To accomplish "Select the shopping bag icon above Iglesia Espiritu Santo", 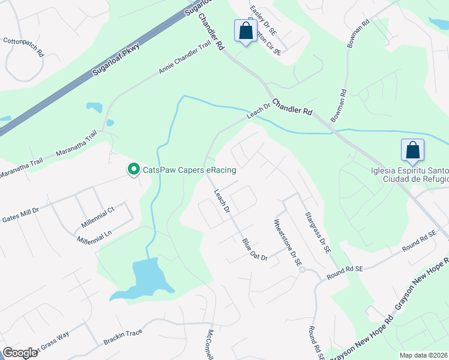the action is pos(413,150).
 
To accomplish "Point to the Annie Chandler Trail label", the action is pos(186,61).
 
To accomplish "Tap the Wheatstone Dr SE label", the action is pos(288,242).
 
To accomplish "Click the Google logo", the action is pos(20,352).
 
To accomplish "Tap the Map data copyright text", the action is pos(423,355).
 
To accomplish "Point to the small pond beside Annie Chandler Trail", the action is pos(94,108).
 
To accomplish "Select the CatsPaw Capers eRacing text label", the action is pos(189,170).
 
